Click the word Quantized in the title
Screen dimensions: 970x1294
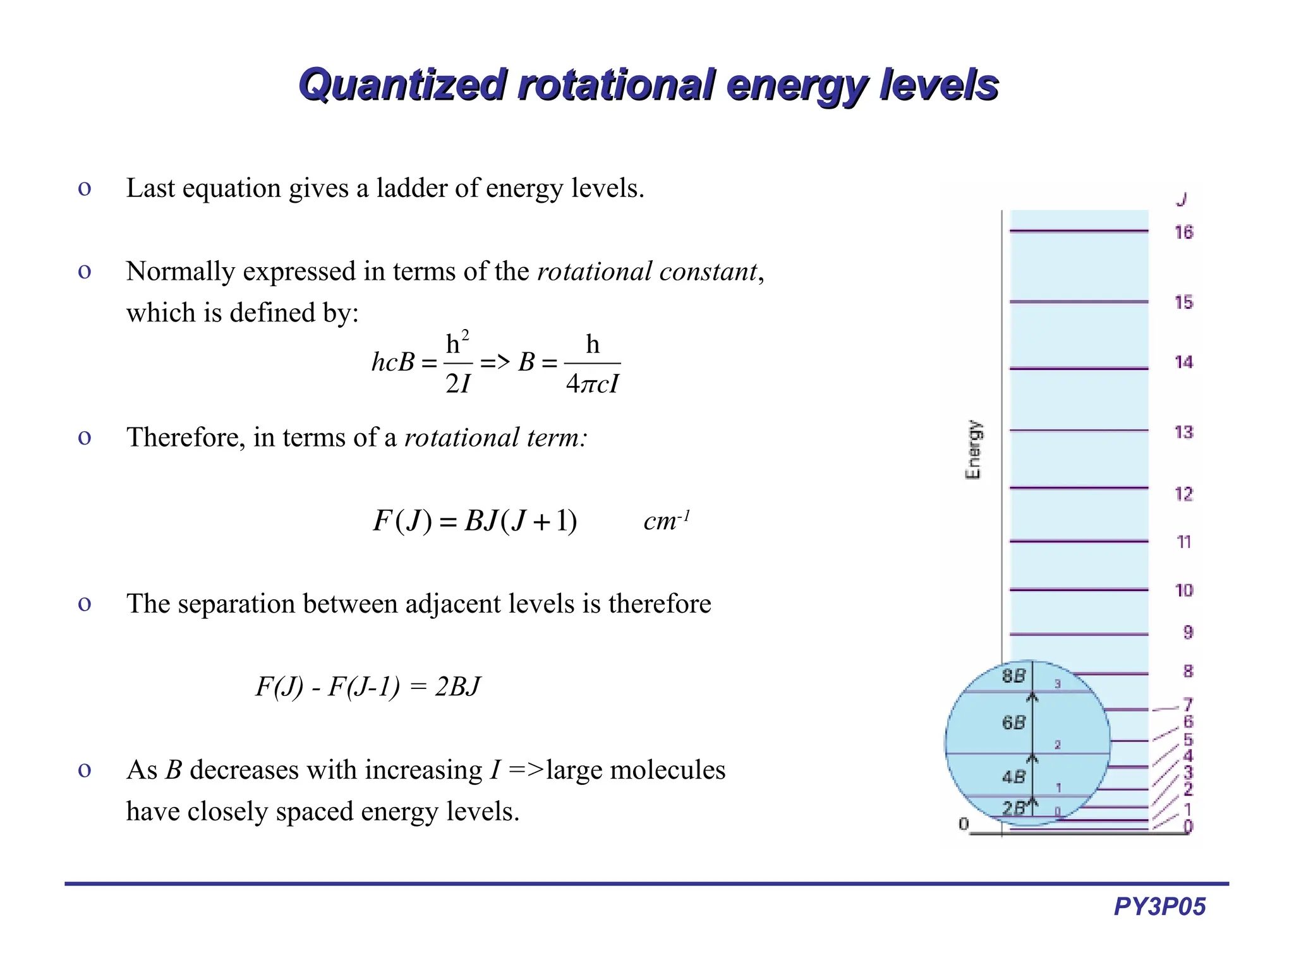point(402,85)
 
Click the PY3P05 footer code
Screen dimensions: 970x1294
point(1159,906)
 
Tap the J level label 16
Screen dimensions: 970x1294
point(1183,232)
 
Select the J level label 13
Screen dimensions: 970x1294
point(1183,432)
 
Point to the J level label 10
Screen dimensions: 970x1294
point(1183,590)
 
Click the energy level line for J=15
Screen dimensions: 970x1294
point(1079,302)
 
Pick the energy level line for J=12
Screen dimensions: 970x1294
point(1079,488)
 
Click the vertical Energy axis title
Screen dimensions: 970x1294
point(974,449)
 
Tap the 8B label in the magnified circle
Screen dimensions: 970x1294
point(1013,676)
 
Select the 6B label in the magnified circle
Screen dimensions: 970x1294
point(1013,722)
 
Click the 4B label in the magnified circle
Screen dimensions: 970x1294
point(1013,777)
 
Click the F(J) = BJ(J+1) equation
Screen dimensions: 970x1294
point(475,521)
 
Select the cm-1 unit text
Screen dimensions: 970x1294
point(666,521)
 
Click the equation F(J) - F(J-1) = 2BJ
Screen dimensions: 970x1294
point(368,686)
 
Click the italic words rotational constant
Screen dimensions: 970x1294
point(646,272)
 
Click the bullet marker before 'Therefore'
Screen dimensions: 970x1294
point(84,438)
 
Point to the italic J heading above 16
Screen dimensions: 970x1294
point(1182,200)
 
